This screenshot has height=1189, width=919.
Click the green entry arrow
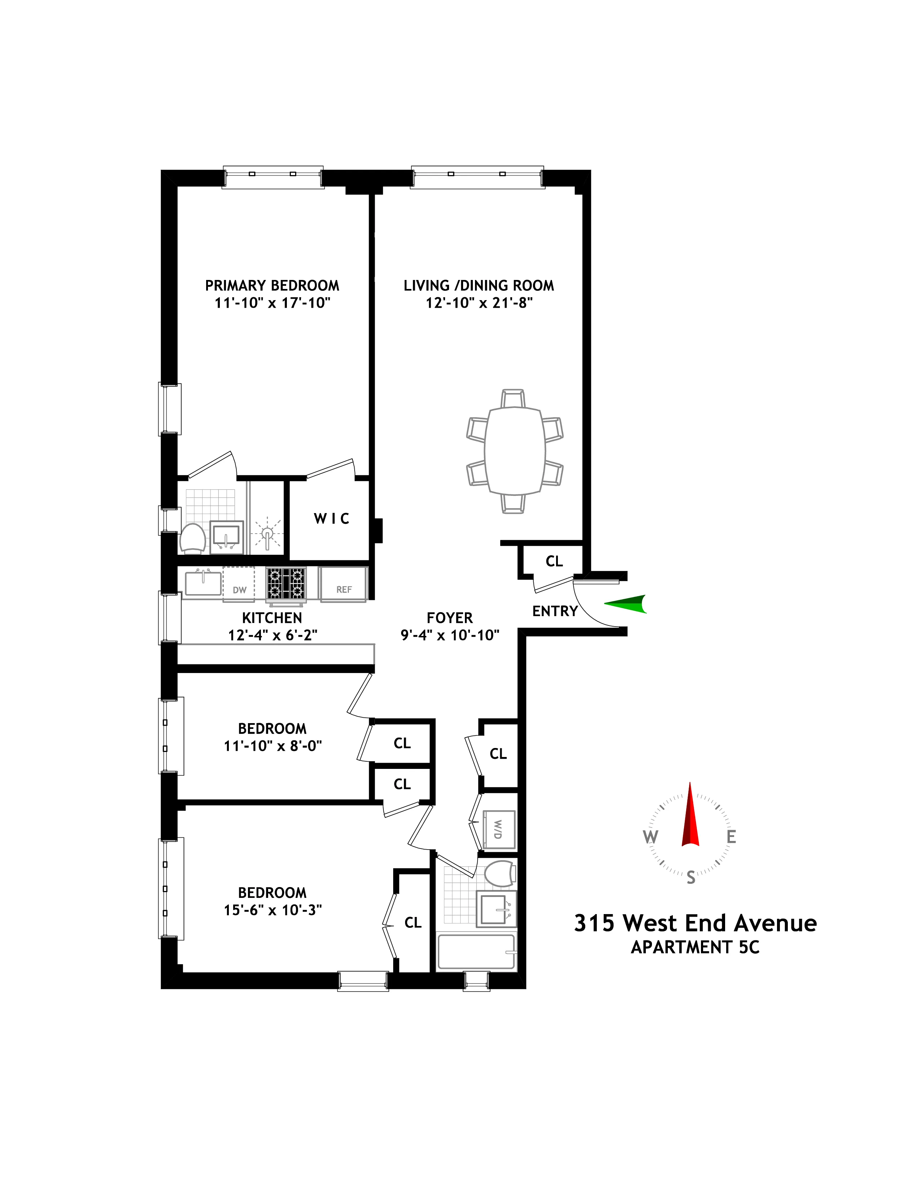626,604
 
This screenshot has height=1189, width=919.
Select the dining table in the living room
515,451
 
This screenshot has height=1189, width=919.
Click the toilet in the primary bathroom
192,538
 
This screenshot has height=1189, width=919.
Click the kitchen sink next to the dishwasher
203,583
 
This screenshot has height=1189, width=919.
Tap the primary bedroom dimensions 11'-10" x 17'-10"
272,303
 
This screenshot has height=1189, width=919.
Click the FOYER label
450,618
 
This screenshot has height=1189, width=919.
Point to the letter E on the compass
731,836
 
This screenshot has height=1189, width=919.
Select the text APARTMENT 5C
695,947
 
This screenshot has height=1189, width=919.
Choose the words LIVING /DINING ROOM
479,286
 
